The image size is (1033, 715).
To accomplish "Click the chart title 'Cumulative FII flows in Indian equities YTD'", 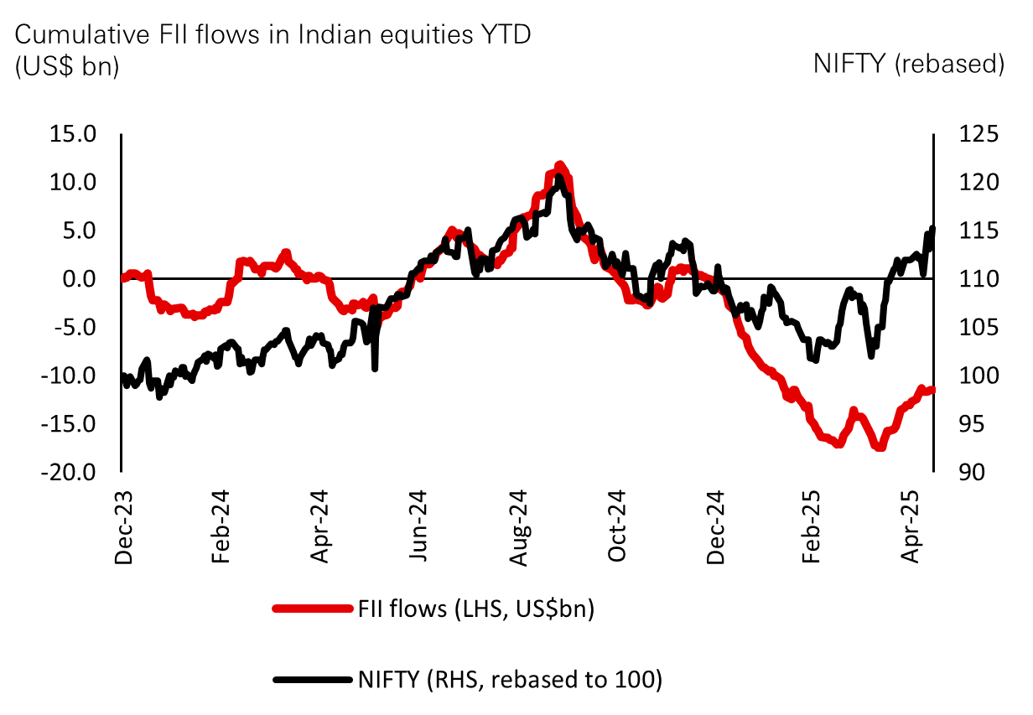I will [273, 35].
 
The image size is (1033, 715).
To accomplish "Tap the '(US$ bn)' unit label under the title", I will [68, 66].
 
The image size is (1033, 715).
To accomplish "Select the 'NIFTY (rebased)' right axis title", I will [909, 65].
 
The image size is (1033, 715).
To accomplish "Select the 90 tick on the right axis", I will [964, 473].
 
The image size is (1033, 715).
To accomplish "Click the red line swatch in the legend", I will [311, 609].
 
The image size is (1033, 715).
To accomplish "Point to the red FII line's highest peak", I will [559, 166].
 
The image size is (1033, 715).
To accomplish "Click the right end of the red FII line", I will [932, 389].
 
